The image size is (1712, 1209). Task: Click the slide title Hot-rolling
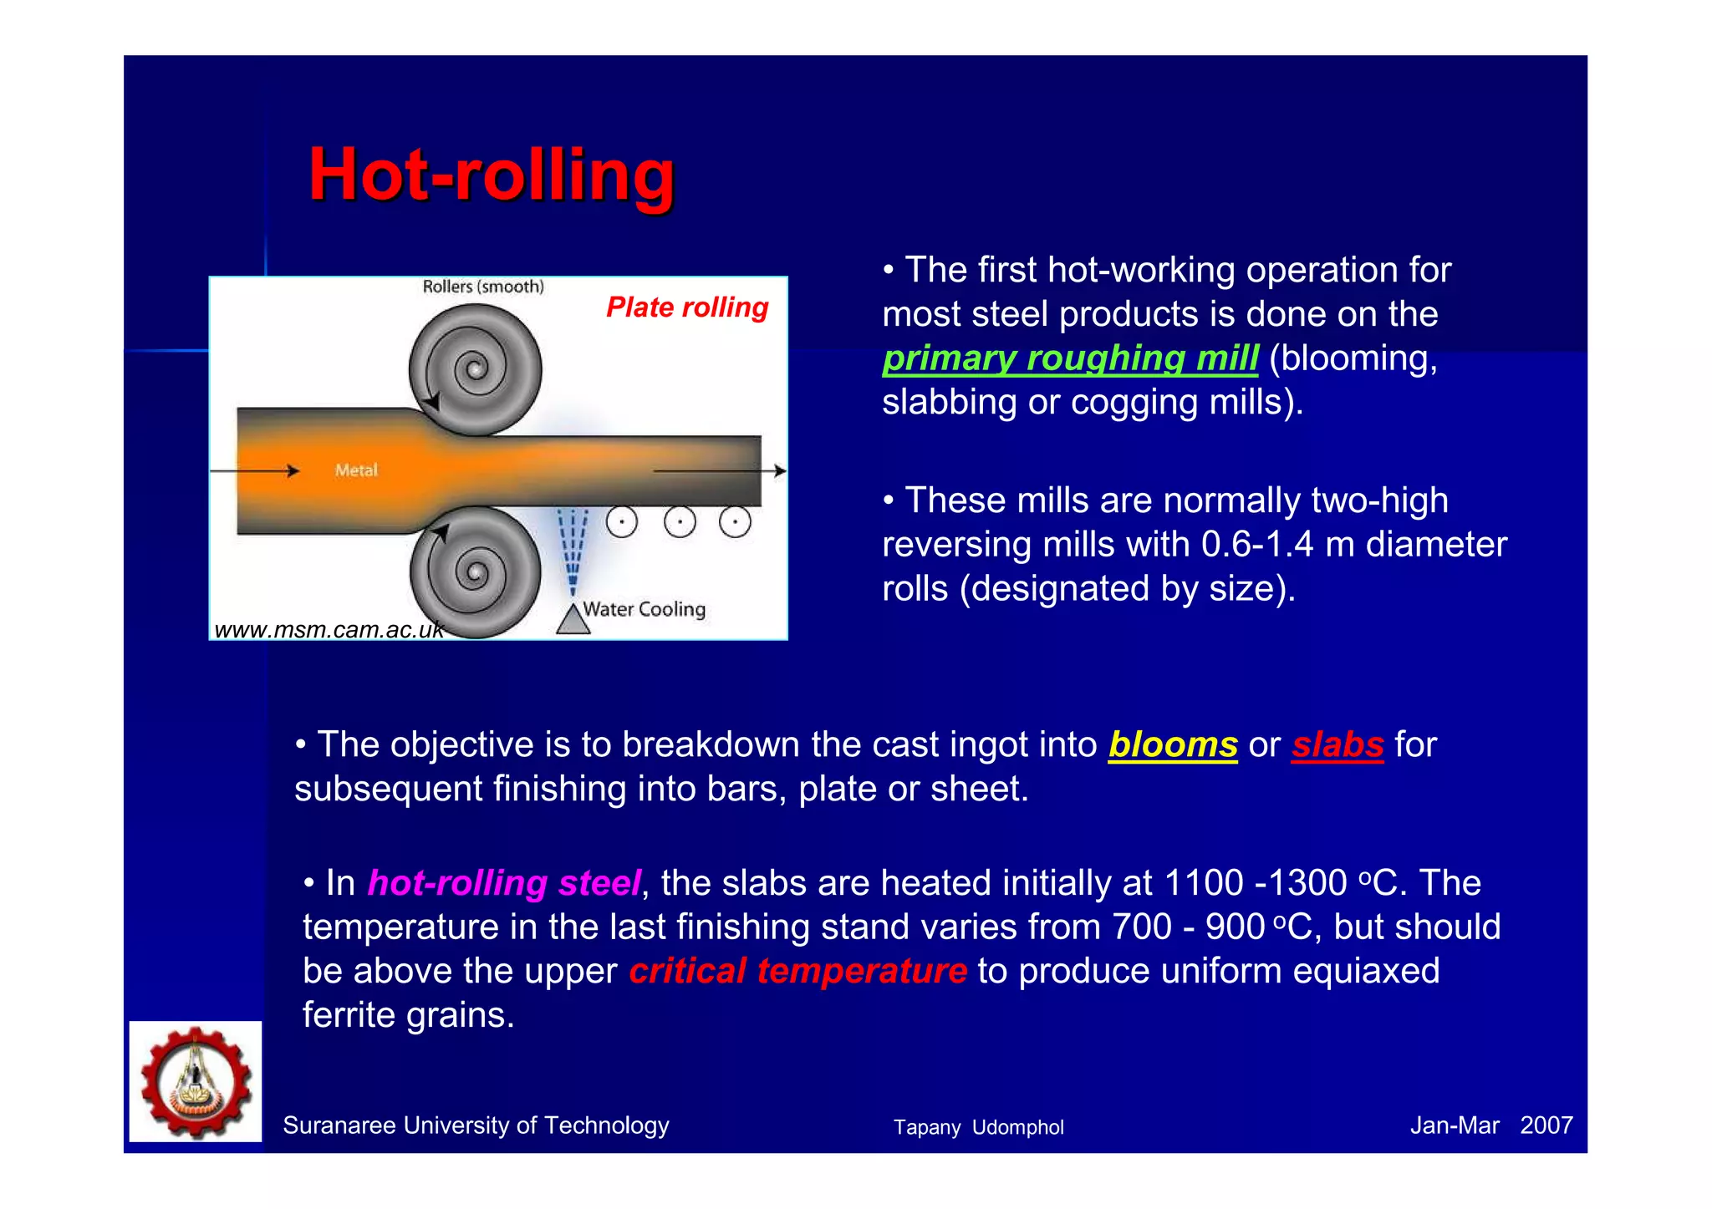(x=491, y=175)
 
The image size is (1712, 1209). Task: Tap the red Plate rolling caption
(x=686, y=307)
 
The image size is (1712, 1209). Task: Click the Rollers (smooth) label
(x=483, y=287)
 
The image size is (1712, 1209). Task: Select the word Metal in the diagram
(x=356, y=470)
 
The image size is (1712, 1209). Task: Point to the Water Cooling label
(x=644, y=609)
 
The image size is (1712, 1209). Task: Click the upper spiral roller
(x=475, y=368)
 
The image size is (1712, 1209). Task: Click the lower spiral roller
(x=475, y=572)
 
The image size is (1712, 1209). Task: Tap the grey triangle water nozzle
(x=573, y=620)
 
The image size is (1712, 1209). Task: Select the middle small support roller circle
(x=680, y=523)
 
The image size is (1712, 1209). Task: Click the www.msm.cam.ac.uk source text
(x=329, y=630)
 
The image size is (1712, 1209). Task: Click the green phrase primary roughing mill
(x=1070, y=358)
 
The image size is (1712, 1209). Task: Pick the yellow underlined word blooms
(x=1172, y=744)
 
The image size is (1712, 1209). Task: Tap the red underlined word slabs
(x=1337, y=744)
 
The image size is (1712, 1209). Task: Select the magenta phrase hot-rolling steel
(x=504, y=883)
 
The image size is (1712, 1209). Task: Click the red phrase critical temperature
(x=797, y=971)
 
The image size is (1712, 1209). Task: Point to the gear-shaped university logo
(x=196, y=1081)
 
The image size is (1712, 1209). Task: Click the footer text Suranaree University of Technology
(x=476, y=1125)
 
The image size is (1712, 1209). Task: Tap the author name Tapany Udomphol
(x=978, y=1127)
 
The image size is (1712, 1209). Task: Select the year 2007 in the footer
(x=1546, y=1125)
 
